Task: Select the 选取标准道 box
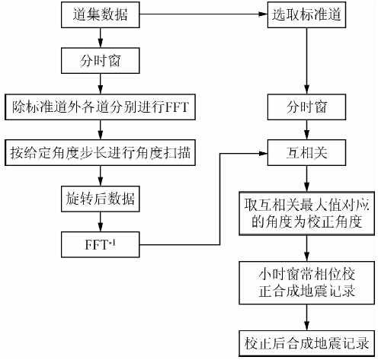pyautogui.click(x=306, y=14)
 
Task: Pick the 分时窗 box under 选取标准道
pyautogui.click(x=306, y=107)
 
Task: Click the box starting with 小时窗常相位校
pyautogui.click(x=306, y=280)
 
